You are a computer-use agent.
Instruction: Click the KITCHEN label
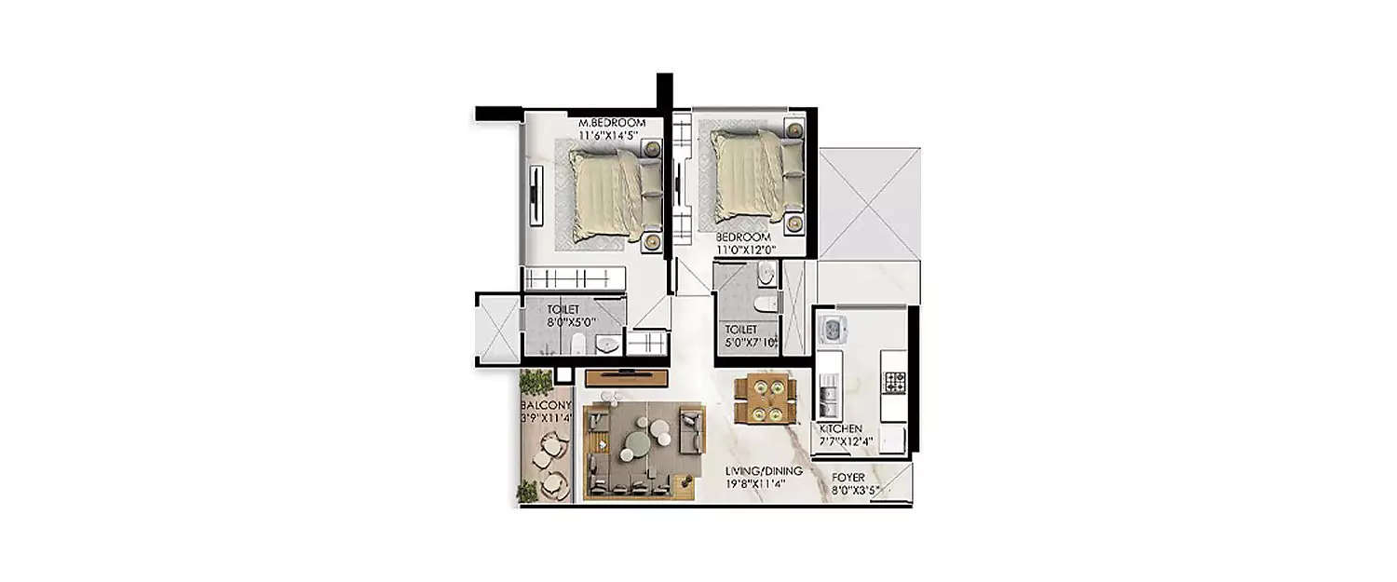click(x=841, y=428)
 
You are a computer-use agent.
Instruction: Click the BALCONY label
click(x=546, y=405)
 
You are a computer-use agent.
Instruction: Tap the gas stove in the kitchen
click(x=895, y=381)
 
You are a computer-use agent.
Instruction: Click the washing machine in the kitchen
click(x=831, y=330)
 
